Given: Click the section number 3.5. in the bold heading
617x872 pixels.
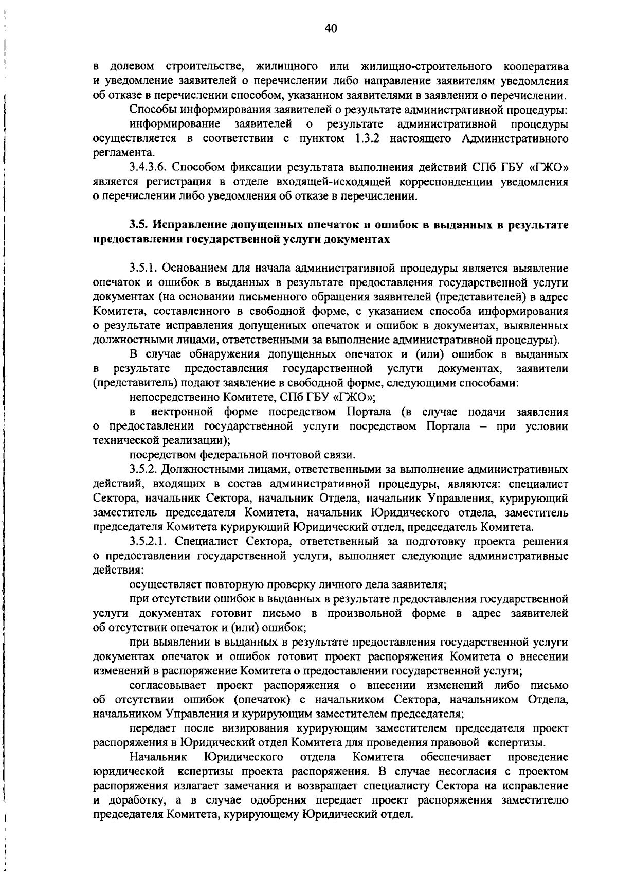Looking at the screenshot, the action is pyautogui.click(x=138, y=225).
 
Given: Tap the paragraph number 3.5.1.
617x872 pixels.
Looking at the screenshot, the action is pyautogui.click(x=146, y=269).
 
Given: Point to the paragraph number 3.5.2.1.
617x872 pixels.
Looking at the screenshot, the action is pyautogui.click(x=150, y=542).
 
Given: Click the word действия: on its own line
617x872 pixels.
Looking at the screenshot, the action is pyautogui.click(x=118, y=571).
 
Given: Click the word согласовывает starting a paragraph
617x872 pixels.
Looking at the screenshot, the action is pyautogui.click(x=169, y=686).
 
